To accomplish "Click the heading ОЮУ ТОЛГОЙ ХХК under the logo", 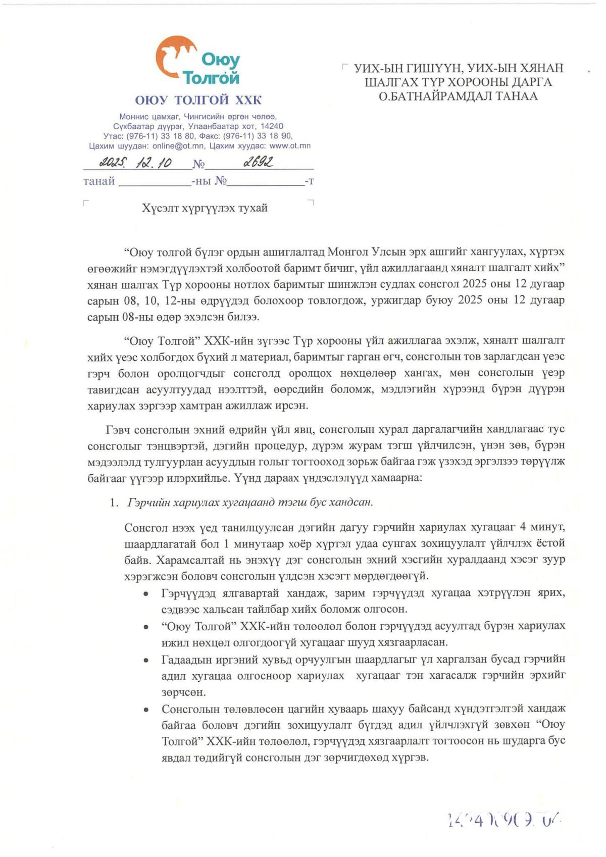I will pos(198,99).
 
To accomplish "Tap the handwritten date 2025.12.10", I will pos(135,162).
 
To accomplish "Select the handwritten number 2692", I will pos(258,162).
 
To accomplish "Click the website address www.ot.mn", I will pos(290,146).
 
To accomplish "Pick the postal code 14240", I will pos(272,126).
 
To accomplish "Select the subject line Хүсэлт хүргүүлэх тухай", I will pos(205,208).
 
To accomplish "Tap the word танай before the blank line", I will pos(99,181).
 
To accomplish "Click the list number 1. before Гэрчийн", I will pos(114,502).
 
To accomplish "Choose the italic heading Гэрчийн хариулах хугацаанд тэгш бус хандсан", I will pos(250,502).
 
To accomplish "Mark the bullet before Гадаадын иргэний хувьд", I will pos(146,660).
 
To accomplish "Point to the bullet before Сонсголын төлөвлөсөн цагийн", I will pos(146,710).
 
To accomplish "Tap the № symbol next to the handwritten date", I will pos(198,164).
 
